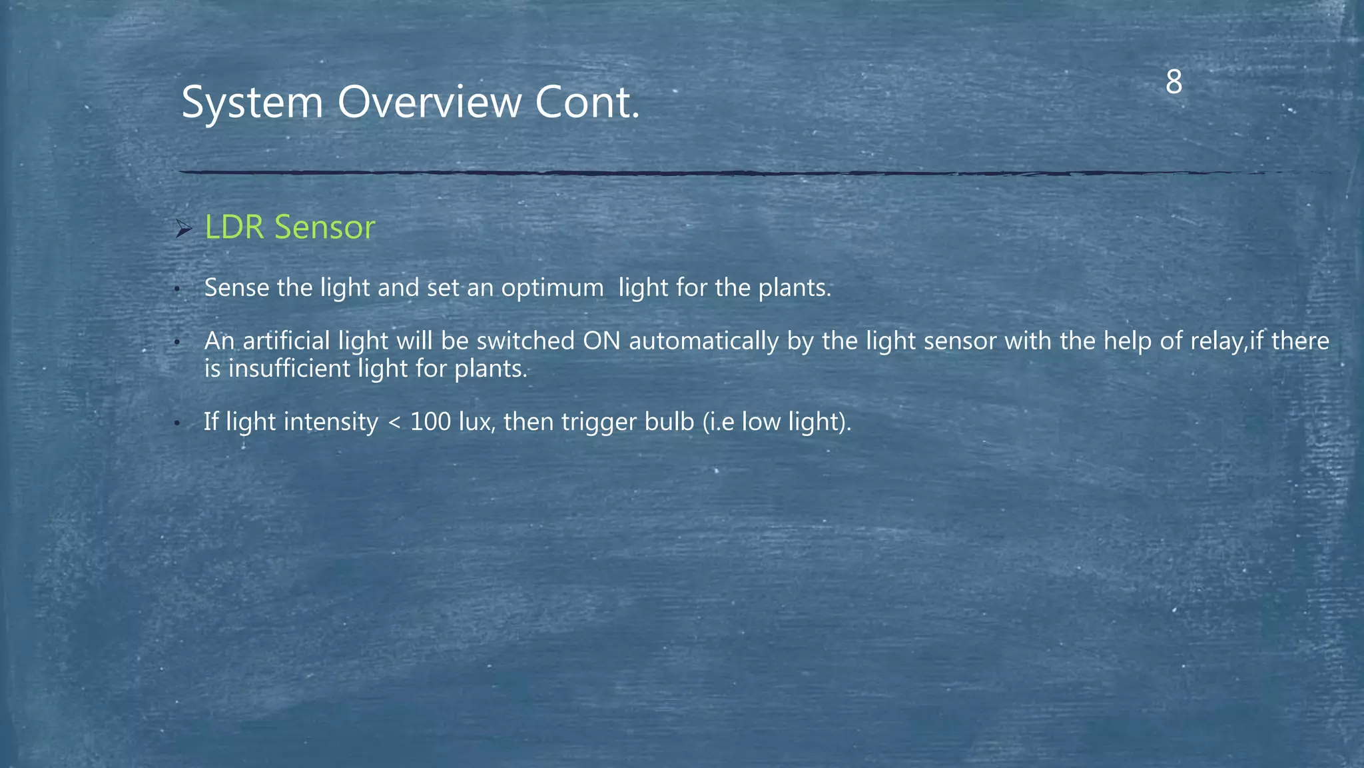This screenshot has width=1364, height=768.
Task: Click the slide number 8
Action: tap(1174, 83)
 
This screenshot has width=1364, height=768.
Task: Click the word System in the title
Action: tap(252, 103)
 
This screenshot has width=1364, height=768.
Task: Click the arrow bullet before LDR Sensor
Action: tap(183, 229)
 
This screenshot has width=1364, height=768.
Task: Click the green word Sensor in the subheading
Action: tap(325, 227)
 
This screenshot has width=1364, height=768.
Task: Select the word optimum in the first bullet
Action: tap(552, 288)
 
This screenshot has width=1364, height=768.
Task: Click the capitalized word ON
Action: tap(601, 341)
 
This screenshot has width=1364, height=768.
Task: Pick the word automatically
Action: tap(704, 341)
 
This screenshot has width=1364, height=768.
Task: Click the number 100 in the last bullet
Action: tap(430, 422)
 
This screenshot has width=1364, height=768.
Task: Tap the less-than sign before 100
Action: tap(394, 423)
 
